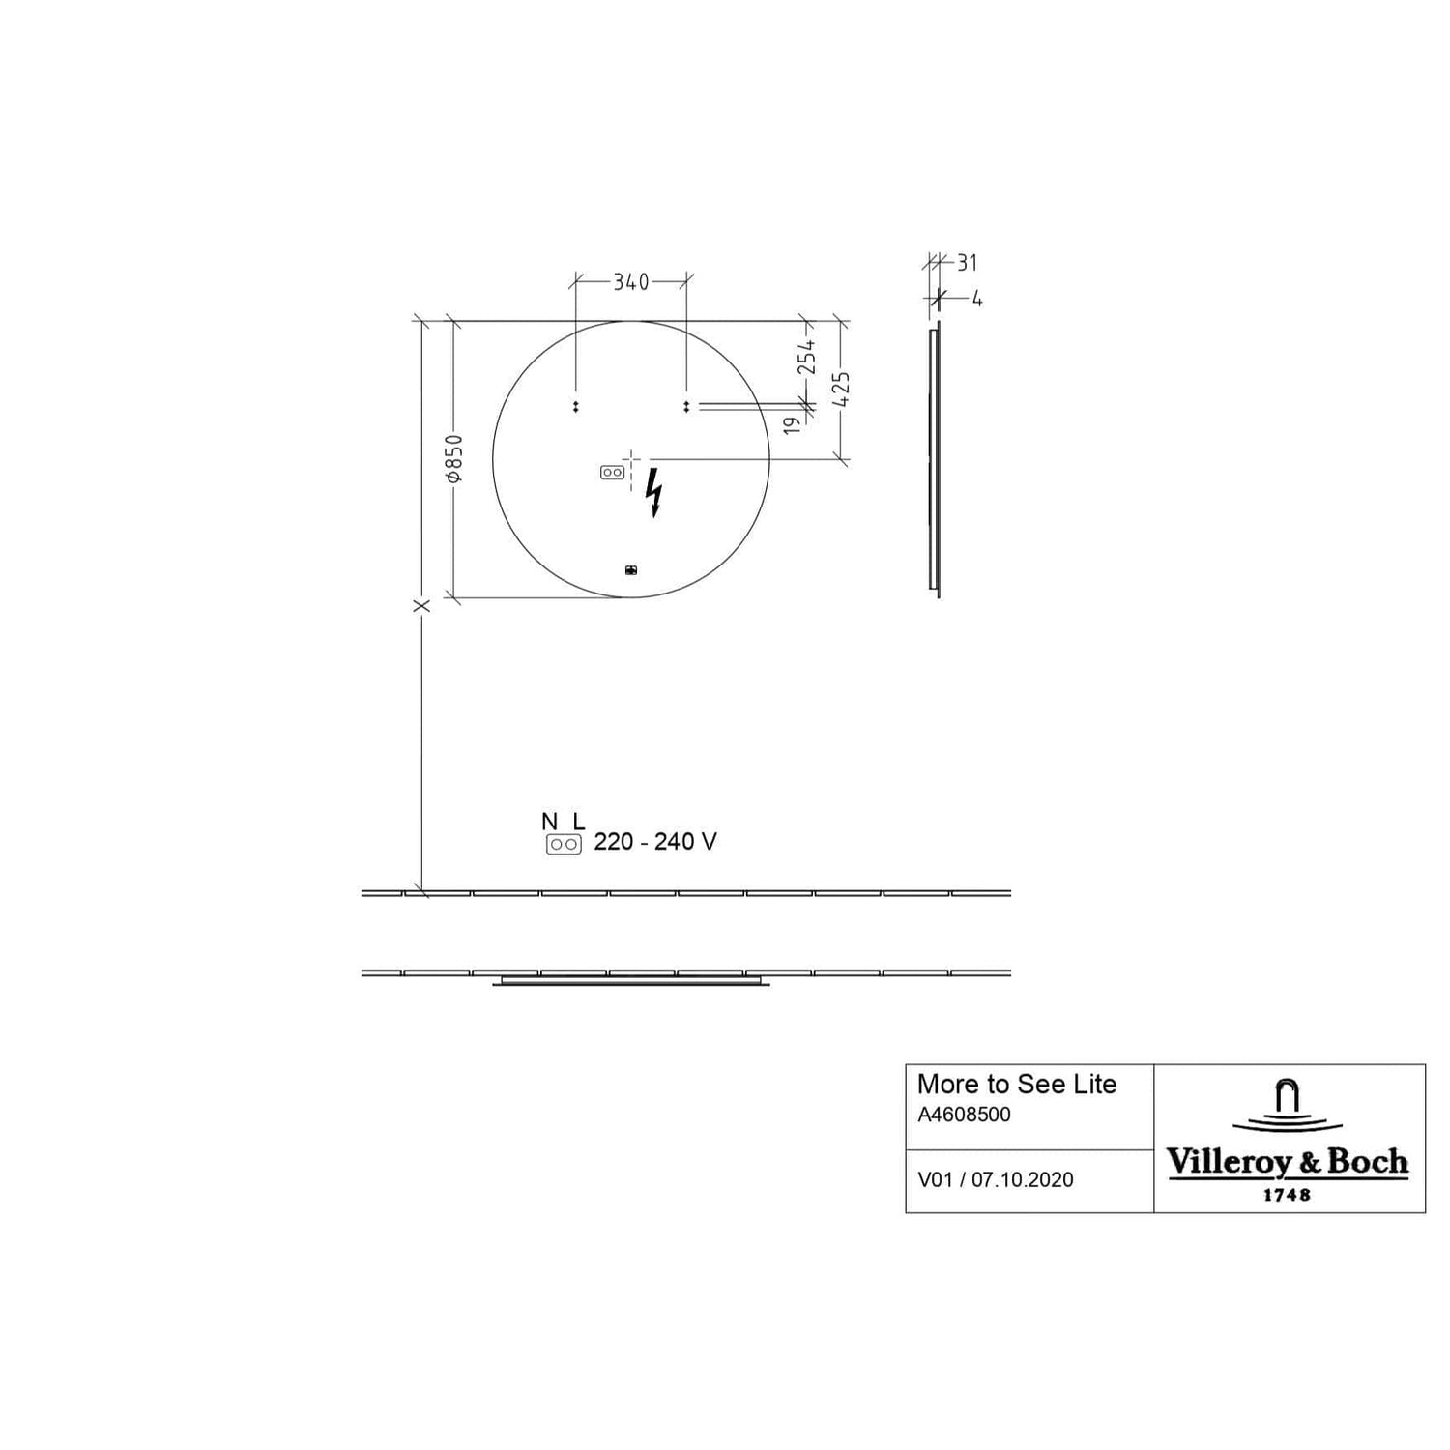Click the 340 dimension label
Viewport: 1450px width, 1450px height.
click(x=631, y=282)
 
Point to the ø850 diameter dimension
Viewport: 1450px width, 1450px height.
click(x=454, y=458)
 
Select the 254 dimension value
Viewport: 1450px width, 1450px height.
click(x=806, y=357)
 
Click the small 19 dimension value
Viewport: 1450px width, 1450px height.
click(x=792, y=423)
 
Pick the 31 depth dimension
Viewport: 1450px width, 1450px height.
click(x=967, y=262)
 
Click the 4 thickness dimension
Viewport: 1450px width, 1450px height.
click(x=977, y=299)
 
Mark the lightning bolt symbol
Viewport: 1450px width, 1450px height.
click(x=654, y=492)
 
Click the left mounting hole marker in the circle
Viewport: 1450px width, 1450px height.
click(x=576, y=407)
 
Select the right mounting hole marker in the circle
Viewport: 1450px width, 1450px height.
click(x=686, y=407)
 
